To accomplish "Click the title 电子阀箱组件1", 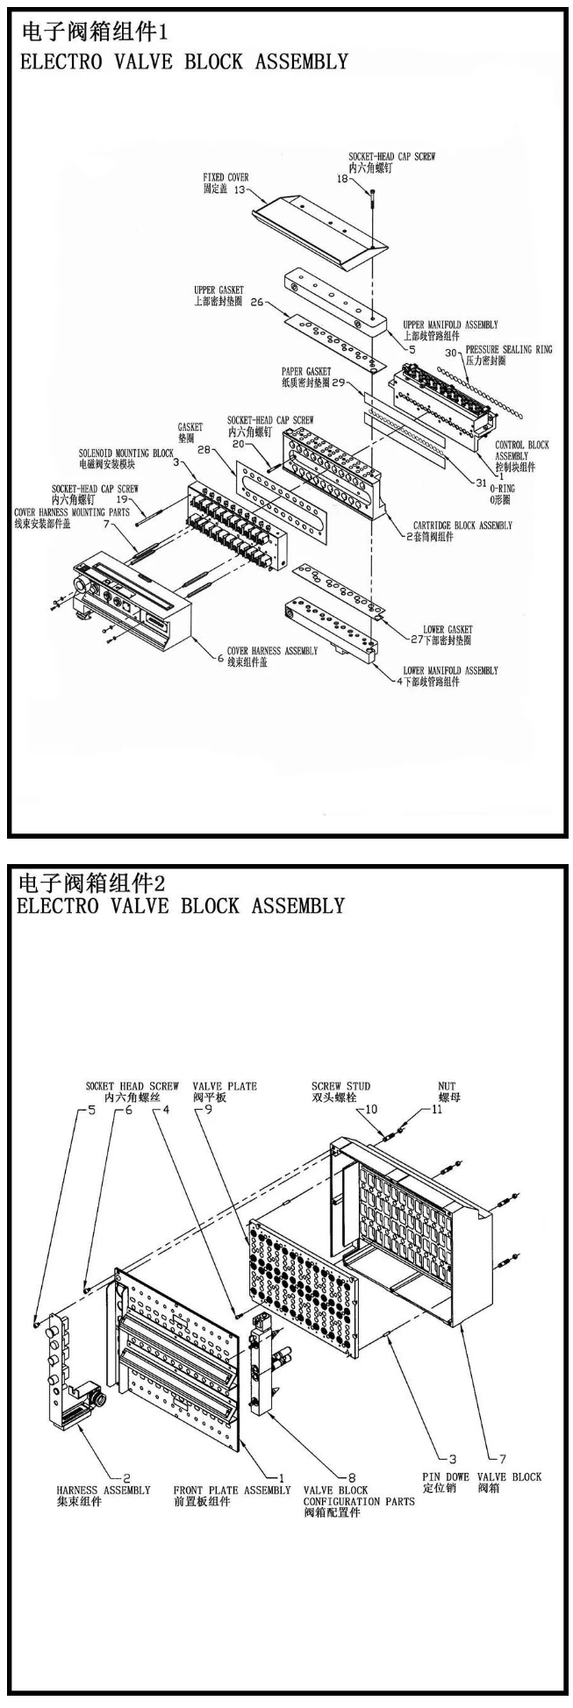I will coord(92,32).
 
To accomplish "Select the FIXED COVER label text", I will coord(226,177).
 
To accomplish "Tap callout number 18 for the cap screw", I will coord(342,178).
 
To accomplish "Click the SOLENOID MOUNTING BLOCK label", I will coord(126,453).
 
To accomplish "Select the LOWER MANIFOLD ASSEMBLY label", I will coord(450,671).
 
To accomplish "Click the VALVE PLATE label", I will coord(226,1086).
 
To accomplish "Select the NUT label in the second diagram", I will coord(447,1086).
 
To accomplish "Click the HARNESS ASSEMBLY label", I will coord(103,1490).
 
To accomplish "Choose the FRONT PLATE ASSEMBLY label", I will coord(232,1490).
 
